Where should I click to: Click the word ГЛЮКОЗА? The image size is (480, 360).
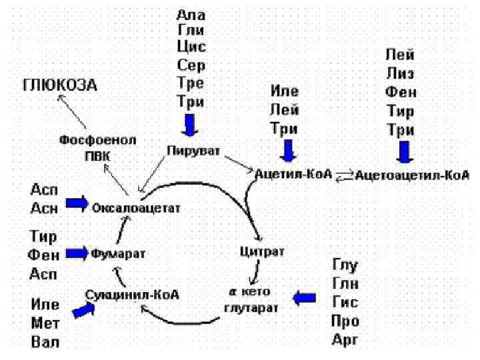60,85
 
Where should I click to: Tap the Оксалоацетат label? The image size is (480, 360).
137,208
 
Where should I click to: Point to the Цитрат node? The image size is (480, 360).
262,251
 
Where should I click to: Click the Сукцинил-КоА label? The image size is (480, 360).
133,293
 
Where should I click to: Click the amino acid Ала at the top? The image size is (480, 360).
191,15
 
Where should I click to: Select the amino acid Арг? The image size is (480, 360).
345,341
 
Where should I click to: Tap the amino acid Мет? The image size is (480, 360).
45,325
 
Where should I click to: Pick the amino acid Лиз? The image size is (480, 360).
400,72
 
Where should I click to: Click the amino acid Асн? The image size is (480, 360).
45,207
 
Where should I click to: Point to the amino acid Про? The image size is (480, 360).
345,321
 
